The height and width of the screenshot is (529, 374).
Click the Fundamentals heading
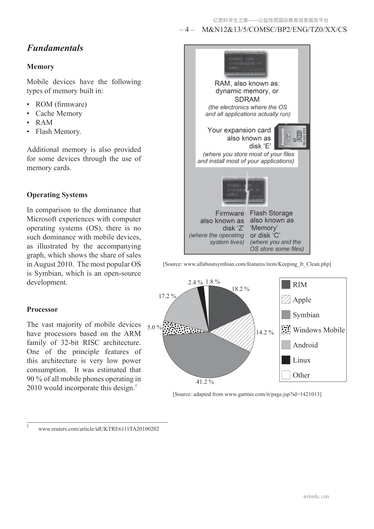55,48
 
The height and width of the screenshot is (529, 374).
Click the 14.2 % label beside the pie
265,332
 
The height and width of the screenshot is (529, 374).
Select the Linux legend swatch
286,360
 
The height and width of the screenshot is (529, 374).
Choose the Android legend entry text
305,345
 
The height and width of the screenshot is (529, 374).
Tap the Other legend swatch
286,375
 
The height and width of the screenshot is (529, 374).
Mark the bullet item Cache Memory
59,113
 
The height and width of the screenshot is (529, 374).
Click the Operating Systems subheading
57,195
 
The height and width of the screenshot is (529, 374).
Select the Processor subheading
42,309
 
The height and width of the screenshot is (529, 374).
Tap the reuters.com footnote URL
99,429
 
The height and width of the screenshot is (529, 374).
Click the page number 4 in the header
187,30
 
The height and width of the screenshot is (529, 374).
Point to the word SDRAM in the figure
247,99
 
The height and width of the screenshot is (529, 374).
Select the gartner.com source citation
247,394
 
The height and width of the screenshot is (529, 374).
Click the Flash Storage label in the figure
271,213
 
